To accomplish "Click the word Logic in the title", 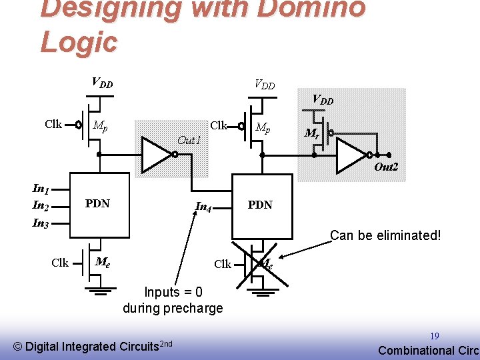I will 79,41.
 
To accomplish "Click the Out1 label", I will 189,140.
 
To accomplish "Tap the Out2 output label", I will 386,167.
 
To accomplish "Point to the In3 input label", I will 41,224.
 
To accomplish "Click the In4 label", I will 203,206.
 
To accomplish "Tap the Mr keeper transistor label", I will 311,133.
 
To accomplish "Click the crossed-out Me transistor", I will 260,264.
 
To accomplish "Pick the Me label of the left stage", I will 103,262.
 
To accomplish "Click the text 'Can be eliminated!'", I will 385,235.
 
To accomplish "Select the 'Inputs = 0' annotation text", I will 173,292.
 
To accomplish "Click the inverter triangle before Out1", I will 157,155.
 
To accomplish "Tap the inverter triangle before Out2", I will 351,155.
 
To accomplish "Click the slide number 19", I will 434,337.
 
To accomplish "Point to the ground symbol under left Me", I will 98,291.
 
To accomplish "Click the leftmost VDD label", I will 102,83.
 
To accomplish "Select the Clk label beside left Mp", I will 53,124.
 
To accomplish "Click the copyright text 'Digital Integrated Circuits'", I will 93,345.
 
